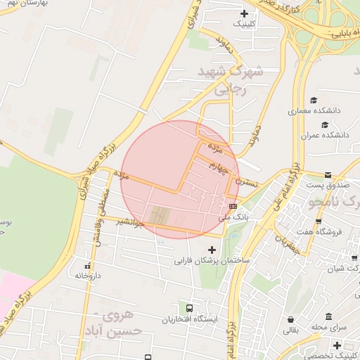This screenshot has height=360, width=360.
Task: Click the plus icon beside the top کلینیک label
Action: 244,13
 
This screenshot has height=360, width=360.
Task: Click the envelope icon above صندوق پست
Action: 328,175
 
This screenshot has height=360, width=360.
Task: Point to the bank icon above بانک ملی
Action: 233,206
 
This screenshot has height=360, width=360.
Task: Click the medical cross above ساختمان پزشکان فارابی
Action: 212,249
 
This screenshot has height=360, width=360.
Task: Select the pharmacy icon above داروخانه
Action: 88,266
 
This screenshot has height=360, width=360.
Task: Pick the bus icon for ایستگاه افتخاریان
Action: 189,308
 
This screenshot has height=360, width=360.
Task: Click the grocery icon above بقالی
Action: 291,319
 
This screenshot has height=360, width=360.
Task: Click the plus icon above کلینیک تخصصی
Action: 337,345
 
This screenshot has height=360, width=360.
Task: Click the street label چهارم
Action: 219,167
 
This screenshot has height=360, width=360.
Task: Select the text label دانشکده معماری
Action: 314,111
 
